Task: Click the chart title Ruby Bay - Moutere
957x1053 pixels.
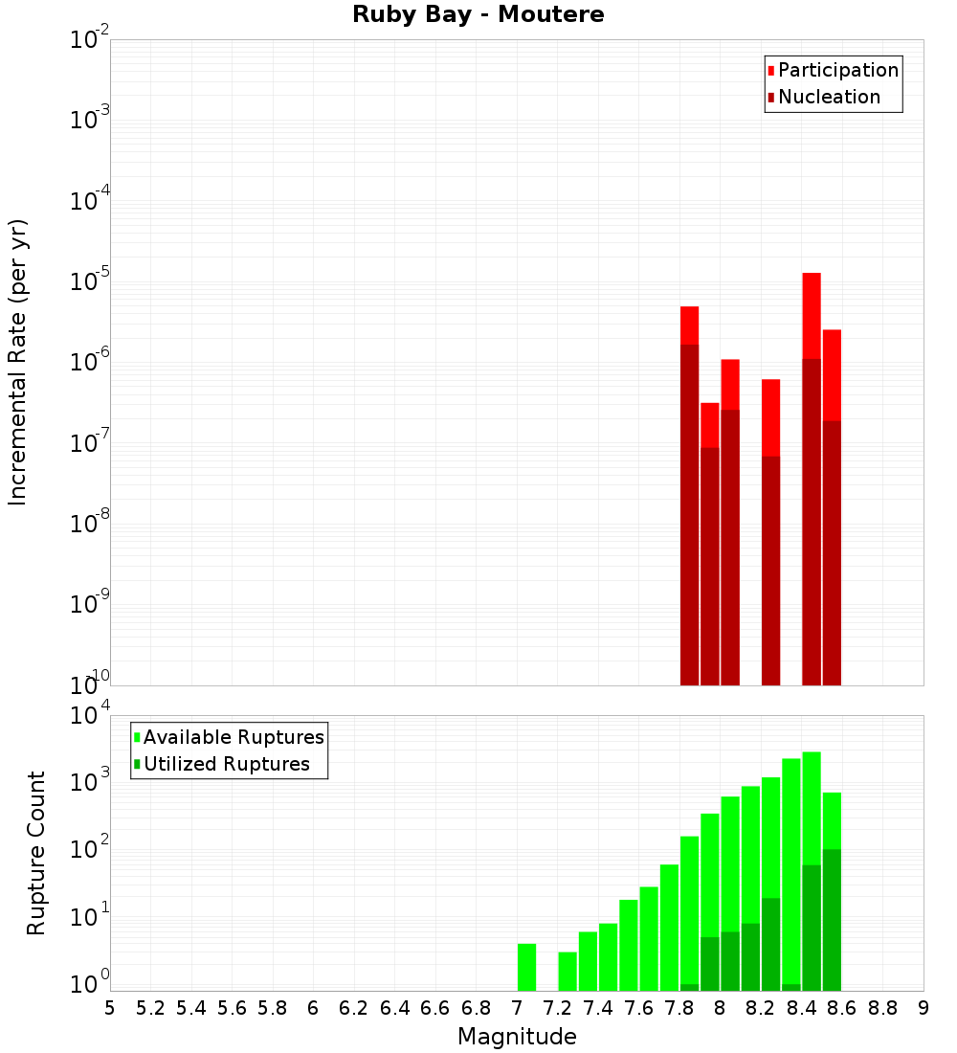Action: [478, 15]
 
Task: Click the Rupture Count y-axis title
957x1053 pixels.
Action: [36, 852]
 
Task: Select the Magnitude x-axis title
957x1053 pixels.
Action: [517, 1037]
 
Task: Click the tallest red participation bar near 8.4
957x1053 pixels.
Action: [812, 316]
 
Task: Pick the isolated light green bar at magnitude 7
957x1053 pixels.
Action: [526, 967]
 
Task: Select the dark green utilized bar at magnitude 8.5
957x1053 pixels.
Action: [832, 919]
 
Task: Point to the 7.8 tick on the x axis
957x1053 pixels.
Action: [679, 1008]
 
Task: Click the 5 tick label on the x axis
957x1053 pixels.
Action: [110, 1008]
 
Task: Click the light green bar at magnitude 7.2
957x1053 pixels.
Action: [568, 972]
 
